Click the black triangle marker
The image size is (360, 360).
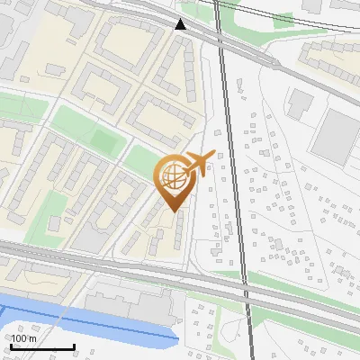181,24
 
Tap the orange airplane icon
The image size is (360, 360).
200,164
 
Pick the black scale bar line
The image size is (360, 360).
42,347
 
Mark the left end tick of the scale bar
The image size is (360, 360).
11,346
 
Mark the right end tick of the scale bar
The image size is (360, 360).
74,346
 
